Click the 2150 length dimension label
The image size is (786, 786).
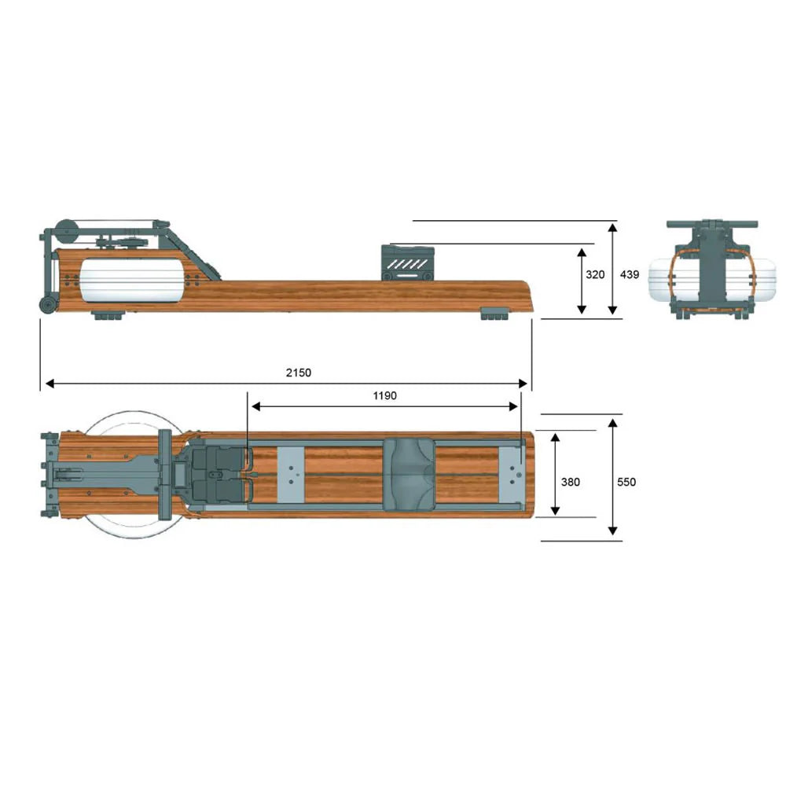[298, 373]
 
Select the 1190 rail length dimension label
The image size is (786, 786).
[384, 395]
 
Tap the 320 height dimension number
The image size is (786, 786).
[595, 274]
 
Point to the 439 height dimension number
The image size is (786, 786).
[630, 274]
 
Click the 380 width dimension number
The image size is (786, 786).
[571, 482]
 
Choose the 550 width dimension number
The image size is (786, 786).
[626, 482]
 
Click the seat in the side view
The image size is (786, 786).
[407, 263]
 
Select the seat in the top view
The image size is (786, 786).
[408, 475]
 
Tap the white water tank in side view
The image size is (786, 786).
[130, 281]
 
